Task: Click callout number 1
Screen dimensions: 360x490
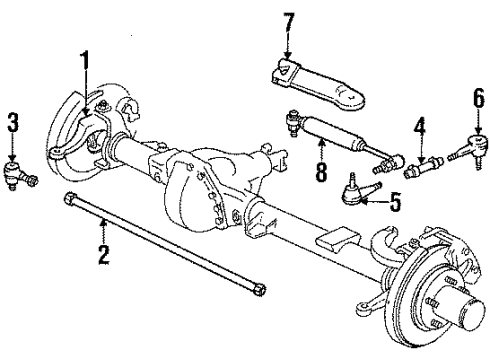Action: pos(85,67)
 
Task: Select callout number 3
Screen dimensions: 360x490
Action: pos(13,125)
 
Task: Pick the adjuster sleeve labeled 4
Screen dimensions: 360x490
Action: pos(426,160)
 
